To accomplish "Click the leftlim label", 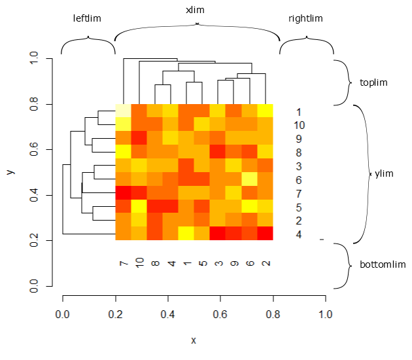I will (87, 18).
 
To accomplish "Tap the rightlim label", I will (305, 18).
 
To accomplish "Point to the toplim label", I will (373, 82).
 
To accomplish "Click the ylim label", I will (384, 174).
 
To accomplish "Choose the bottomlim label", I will (383, 265).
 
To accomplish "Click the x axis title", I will (194, 340).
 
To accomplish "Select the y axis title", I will (10, 172).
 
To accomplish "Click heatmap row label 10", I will (299, 125).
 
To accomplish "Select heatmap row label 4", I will (299, 234).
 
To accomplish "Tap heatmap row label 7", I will (299, 194).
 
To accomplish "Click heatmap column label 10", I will (139, 263).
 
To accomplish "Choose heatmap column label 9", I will (233, 263).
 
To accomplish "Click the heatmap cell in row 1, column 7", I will (123, 111).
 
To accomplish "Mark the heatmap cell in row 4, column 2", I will (265, 234).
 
